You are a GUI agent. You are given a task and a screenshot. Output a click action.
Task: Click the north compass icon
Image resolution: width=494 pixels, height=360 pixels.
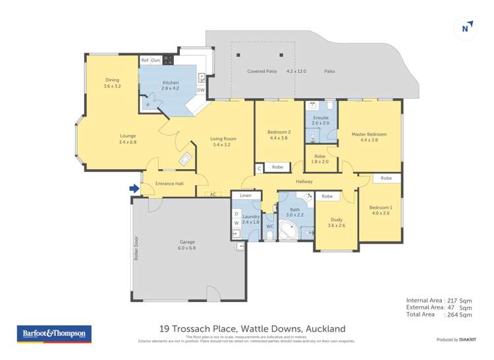pos(466,27)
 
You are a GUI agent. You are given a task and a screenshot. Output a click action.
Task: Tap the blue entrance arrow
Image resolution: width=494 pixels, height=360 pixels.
pos(134,189)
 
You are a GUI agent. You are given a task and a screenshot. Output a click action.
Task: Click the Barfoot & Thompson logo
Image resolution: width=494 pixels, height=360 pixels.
pos(54,334)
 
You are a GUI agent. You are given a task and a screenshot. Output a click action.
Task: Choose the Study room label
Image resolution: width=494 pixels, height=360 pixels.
pos(336,222)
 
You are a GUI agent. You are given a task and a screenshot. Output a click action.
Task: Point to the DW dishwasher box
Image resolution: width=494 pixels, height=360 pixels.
pos(201,90)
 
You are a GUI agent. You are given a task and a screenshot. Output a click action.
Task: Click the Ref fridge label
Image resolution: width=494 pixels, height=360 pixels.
pos(145,61)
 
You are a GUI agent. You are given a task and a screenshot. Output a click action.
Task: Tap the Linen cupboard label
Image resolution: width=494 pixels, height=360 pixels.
pos(246,196)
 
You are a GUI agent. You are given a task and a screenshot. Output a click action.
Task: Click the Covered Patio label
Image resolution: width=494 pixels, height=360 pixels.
pos(261,71)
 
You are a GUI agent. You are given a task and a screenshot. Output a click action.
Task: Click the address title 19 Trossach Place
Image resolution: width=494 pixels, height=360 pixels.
pos(252,328)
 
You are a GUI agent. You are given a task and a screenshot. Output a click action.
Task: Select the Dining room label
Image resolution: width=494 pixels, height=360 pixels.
pos(112,82)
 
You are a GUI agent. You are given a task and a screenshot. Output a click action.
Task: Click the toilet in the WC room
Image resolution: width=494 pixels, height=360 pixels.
pos(269,234)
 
